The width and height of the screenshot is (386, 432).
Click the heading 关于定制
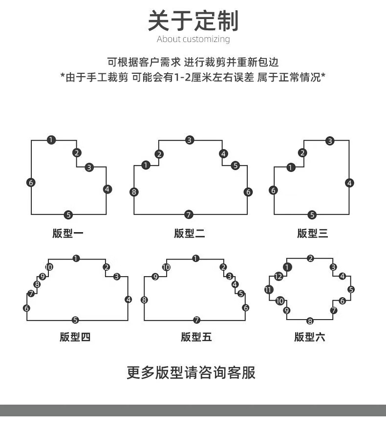click(193, 21)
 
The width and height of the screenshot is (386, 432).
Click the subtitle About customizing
click(193, 39)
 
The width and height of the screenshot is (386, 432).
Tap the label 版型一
click(68, 233)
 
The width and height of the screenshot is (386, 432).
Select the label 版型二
click(190, 233)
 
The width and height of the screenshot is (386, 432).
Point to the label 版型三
click(312, 233)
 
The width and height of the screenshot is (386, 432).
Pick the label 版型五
click(196, 337)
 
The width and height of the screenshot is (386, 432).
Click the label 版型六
click(309, 337)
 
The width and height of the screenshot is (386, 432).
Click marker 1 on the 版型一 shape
click(51, 140)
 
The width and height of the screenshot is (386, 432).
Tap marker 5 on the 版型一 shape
click(68, 215)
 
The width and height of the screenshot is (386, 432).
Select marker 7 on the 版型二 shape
click(189, 215)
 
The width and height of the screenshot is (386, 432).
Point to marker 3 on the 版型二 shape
click(190, 140)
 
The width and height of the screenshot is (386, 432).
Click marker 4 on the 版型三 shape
click(349, 183)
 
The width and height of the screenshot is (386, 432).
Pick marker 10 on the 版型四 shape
click(49, 267)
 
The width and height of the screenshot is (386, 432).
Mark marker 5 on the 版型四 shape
click(75, 320)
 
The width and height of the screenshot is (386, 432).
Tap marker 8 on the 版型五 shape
click(144, 300)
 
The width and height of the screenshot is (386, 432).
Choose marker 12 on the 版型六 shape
click(278, 277)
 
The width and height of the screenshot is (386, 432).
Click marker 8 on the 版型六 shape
click(310, 321)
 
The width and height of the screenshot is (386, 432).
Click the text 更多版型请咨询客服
click(191, 372)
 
